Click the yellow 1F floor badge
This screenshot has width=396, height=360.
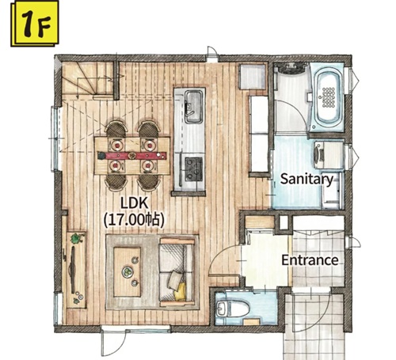tap(35, 24)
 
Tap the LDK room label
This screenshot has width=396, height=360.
tap(134, 203)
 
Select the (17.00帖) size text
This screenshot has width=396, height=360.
tap(134, 220)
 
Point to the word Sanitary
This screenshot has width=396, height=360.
tap(307, 180)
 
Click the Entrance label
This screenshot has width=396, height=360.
tap(310, 260)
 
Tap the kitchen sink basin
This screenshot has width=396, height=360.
tap(193, 107)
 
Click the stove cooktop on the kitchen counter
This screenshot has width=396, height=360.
tap(193, 169)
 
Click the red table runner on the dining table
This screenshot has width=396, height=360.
tap(131, 155)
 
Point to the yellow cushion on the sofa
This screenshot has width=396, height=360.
tap(181, 291)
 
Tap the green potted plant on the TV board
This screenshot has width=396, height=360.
tap(77, 238)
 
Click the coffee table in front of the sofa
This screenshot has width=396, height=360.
tap(127, 272)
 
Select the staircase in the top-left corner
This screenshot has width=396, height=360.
tap(88, 79)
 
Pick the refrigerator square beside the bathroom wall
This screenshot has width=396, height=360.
tap(253, 77)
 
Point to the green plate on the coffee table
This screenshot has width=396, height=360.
tap(128, 271)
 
